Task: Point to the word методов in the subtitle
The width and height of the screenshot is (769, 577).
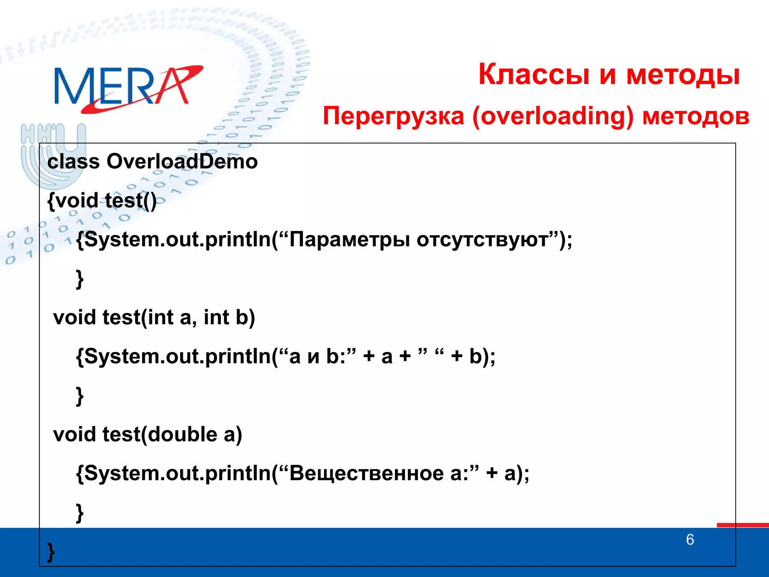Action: coord(695,116)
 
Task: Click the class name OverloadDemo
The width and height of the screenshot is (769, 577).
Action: coord(182,162)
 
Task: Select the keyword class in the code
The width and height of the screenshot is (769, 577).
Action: coord(74,162)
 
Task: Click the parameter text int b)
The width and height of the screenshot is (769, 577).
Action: coord(229,317)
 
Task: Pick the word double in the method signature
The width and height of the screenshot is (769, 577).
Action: coord(182,434)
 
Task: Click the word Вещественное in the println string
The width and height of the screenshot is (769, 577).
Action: coord(366,473)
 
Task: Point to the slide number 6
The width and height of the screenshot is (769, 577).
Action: coord(690,539)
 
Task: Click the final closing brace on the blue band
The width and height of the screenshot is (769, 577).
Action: coord(51,552)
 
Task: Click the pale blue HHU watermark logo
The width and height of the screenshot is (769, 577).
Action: coord(53,154)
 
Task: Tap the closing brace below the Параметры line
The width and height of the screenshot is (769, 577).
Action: coord(80,279)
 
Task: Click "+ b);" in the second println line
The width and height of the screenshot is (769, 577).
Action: coord(473,356)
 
